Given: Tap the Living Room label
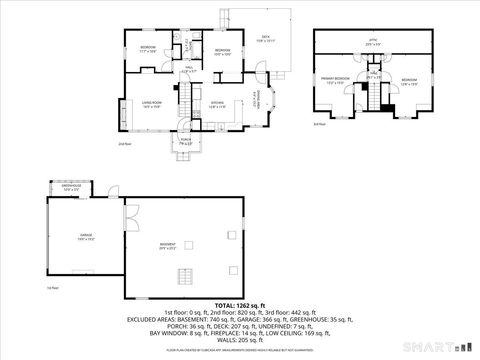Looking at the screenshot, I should [x=152, y=103].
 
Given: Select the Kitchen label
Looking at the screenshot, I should [x=217, y=103].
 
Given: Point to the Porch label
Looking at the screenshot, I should [x=186, y=140].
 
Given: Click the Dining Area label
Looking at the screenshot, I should [x=257, y=99].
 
